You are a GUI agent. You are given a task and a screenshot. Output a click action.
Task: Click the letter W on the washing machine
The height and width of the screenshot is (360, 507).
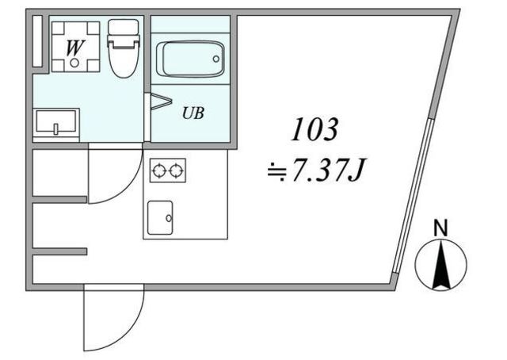(x=74, y=48)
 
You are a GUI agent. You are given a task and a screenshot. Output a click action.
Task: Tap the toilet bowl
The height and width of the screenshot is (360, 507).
(x=123, y=60)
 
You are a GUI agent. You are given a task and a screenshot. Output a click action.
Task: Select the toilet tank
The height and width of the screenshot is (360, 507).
(x=124, y=28)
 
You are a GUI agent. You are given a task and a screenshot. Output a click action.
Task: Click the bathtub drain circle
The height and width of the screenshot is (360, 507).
(x=216, y=59)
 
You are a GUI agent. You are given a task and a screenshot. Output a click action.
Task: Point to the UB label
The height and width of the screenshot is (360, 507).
(x=193, y=113)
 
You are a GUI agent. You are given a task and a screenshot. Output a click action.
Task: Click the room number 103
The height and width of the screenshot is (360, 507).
(x=314, y=129)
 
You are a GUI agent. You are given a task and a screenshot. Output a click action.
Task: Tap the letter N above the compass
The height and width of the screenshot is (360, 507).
(x=440, y=228)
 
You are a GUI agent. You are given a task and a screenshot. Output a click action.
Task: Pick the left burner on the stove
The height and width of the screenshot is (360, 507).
(x=159, y=170)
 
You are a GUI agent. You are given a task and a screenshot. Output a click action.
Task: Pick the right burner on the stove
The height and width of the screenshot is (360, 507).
(x=176, y=170)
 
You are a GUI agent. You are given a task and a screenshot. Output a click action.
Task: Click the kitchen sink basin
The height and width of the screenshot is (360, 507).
(x=160, y=217)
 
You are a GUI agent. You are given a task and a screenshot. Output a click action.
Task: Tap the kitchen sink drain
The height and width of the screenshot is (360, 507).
(x=169, y=218)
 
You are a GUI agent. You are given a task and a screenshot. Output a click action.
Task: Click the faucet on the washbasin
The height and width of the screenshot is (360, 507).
(x=56, y=128)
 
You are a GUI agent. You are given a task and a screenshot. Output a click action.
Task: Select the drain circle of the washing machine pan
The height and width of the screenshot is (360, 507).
(x=74, y=63)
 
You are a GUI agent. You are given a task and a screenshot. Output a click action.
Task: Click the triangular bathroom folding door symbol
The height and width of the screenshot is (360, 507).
(x=161, y=101)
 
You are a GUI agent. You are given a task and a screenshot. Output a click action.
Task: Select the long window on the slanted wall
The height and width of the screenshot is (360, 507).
(x=414, y=196)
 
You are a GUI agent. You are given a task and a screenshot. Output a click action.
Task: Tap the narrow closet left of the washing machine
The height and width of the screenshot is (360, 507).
(x=37, y=40)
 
